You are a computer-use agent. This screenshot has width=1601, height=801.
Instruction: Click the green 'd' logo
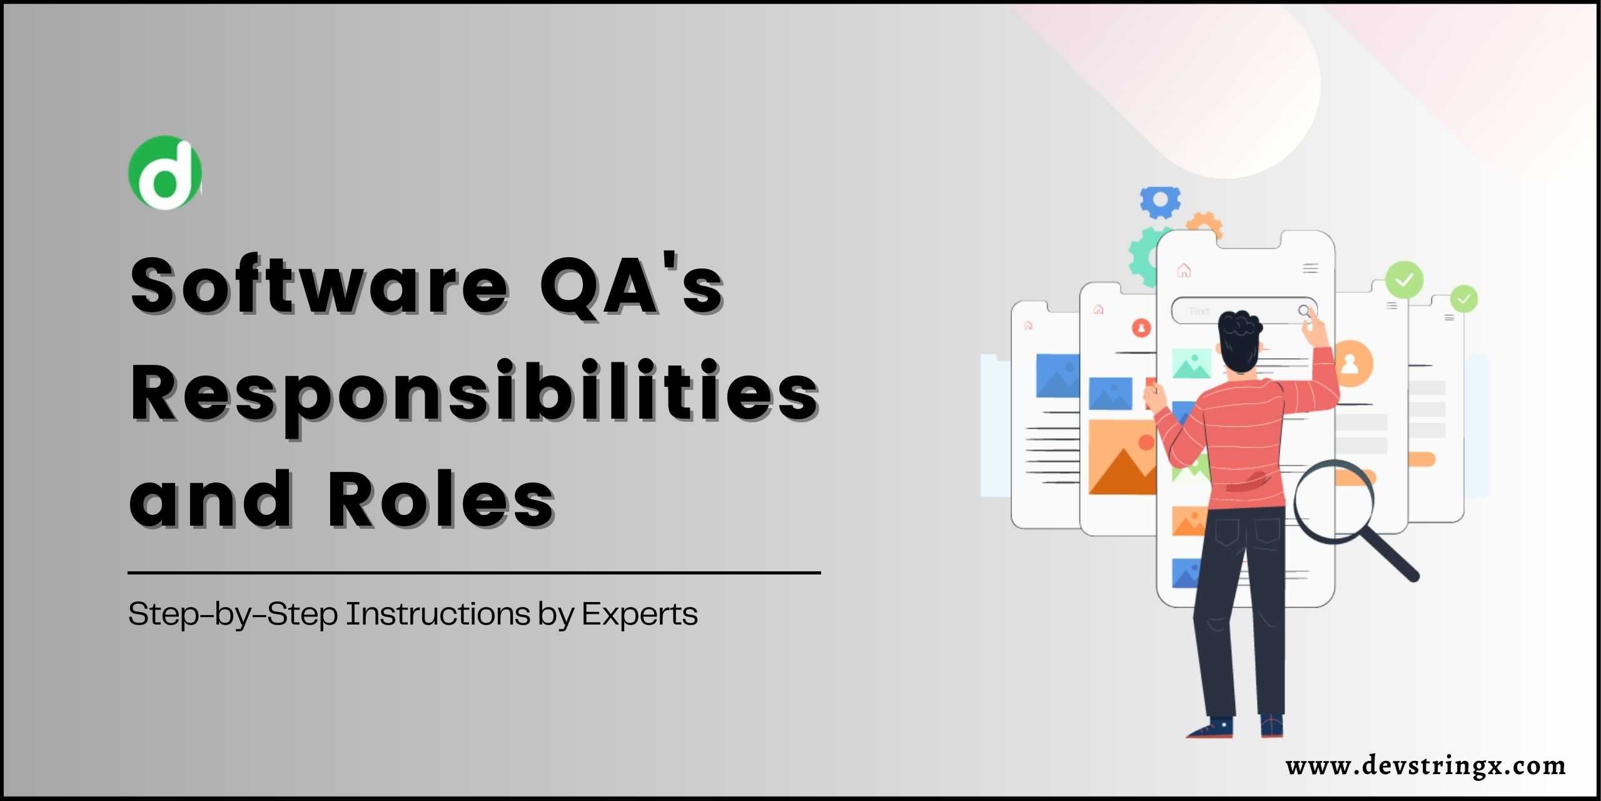pos(165,172)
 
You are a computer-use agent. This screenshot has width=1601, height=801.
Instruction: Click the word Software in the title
pos(320,285)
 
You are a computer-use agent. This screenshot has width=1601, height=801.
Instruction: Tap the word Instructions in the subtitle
pos(438,614)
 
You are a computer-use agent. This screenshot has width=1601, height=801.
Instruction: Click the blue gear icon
pos(1160,202)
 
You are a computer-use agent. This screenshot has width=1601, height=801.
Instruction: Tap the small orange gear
pos(1205,226)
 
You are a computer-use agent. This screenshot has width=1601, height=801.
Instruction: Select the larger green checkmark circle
pos(1404,280)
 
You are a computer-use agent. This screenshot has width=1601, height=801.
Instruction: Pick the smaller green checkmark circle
pos(1464,299)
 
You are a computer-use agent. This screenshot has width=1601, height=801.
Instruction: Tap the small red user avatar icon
pos(1141,327)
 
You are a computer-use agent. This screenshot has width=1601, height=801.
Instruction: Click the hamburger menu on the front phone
pos(1311,268)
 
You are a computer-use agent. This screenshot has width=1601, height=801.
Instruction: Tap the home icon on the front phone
pos(1184,270)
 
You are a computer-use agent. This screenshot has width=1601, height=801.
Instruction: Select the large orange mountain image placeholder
pos(1123,457)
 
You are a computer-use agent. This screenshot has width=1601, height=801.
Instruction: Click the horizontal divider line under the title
pos(474,572)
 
